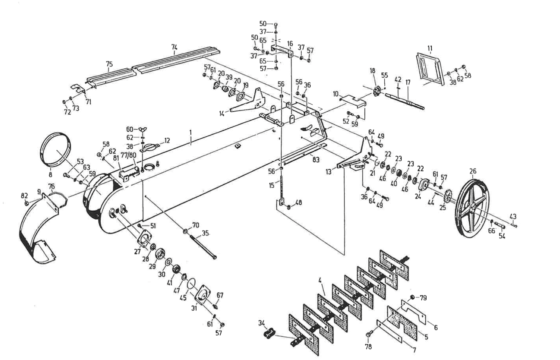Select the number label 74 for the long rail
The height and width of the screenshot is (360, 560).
point(175,48)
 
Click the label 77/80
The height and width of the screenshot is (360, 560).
point(130,156)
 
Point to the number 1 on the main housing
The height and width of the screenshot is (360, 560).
point(190,132)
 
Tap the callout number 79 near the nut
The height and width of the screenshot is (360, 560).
point(424,298)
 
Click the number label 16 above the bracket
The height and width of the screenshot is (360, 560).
point(290,43)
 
